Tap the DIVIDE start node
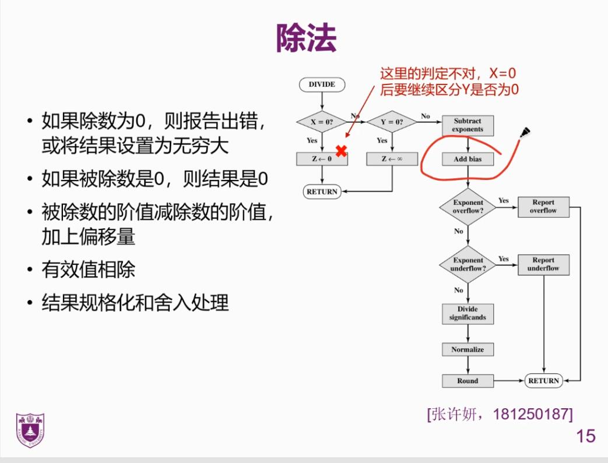(322, 84)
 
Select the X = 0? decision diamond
(322, 122)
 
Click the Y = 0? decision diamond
(392, 122)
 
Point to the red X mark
(342, 151)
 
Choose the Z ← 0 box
(322, 158)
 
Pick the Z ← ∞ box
(392, 158)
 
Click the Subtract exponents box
(468, 125)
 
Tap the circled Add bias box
(468, 159)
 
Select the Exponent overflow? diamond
(468, 207)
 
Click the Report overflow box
(543, 207)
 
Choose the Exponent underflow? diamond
(468, 264)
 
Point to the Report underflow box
(543, 264)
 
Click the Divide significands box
(468, 313)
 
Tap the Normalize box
(468, 349)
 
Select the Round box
(468, 381)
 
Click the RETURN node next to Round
(543, 381)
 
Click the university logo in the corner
(30, 430)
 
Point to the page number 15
(586, 436)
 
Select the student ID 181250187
(533, 414)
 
